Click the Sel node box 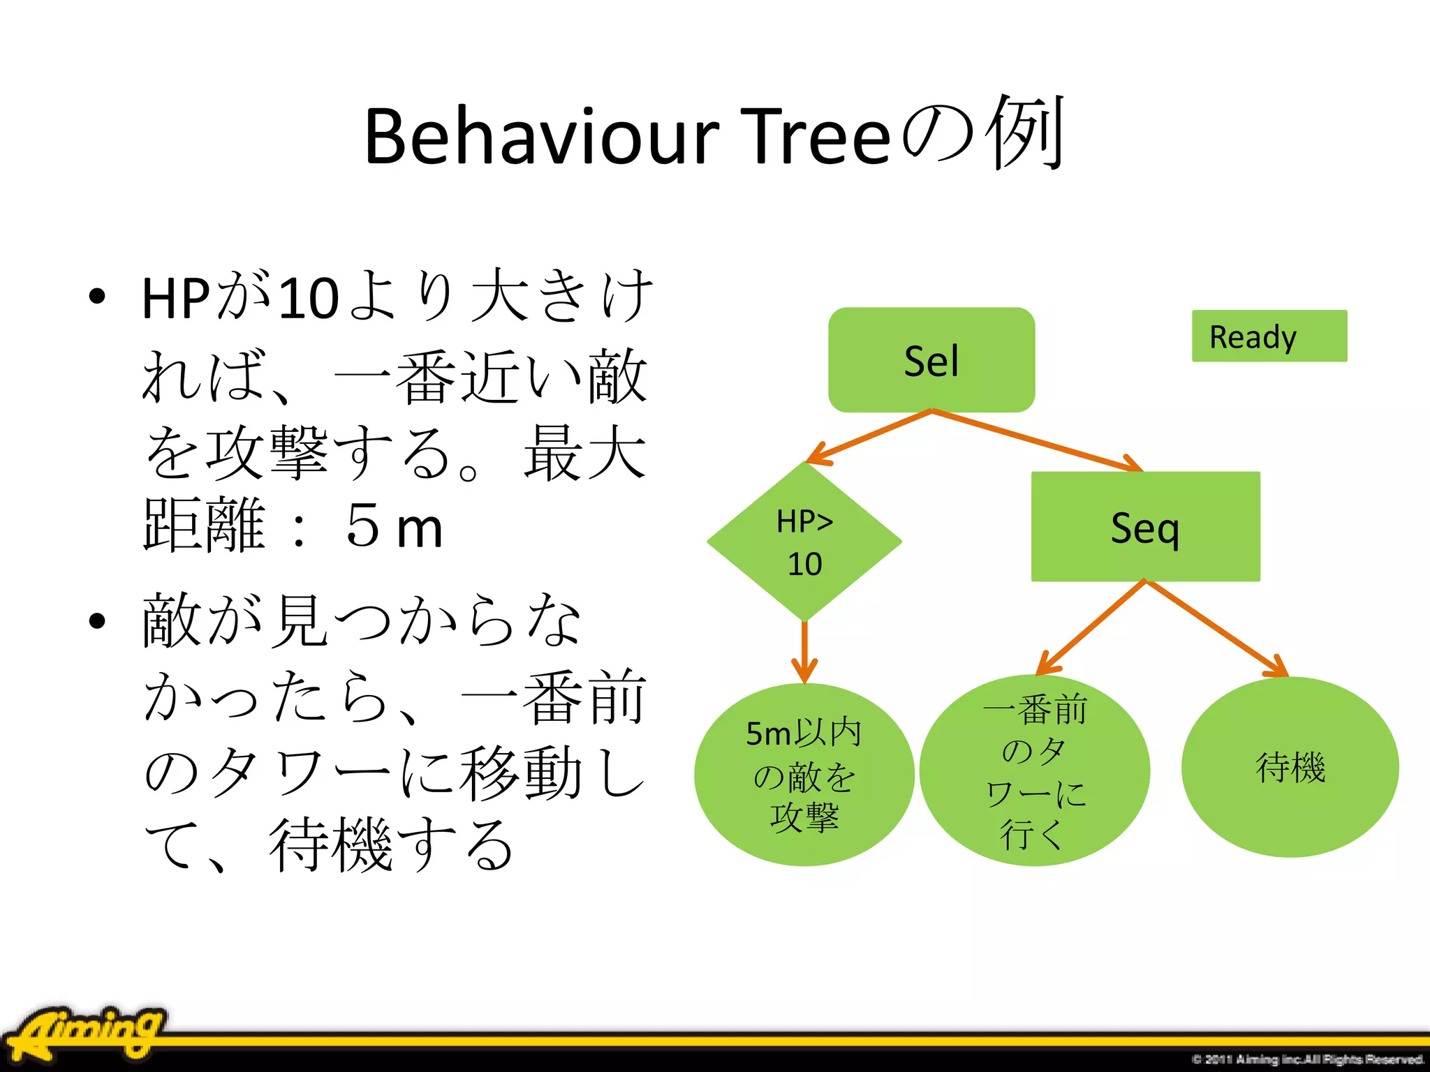click(x=931, y=359)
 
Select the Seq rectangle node click(x=1145, y=527)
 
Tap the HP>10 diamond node click(x=804, y=542)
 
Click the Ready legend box click(x=1269, y=336)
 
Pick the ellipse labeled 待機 click(x=1290, y=767)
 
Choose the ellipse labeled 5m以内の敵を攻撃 click(x=804, y=775)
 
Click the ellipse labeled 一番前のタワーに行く click(x=1034, y=770)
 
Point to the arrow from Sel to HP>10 click(x=869, y=437)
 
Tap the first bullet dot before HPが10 click(x=97, y=297)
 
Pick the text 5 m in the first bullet click(x=394, y=527)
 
